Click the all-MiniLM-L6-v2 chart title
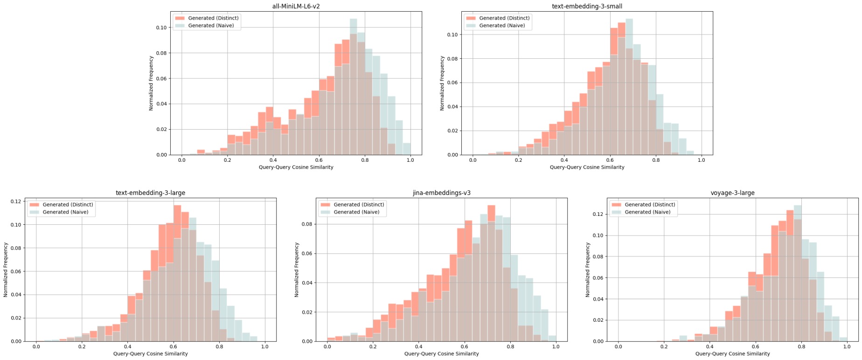point(296,7)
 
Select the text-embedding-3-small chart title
point(587,7)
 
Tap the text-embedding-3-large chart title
point(150,193)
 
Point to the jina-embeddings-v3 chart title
point(441,193)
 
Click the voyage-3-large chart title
point(732,193)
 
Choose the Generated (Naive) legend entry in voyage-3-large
point(647,212)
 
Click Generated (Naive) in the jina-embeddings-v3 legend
point(356,212)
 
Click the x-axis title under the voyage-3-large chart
point(732,354)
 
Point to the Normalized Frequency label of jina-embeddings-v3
point(297,270)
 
